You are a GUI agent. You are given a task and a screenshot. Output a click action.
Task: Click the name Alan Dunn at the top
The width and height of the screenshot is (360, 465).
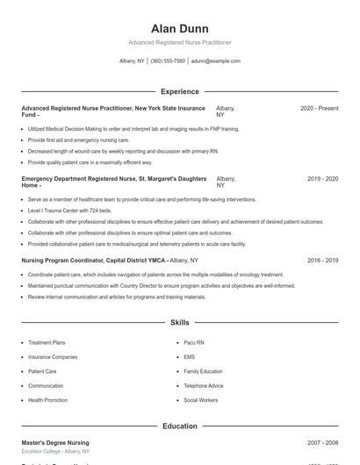tap(179, 29)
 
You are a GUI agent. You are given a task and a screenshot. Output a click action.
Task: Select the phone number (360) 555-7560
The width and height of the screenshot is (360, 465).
tap(168, 61)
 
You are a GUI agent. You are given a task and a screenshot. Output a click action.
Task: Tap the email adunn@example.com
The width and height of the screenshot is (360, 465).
tap(215, 61)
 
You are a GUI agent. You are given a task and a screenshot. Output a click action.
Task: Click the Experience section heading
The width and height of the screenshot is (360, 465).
tap(179, 91)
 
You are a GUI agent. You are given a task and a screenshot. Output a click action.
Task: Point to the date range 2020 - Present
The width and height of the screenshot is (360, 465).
tap(319, 108)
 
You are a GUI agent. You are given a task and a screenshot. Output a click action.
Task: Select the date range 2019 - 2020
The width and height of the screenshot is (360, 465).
tap(322, 178)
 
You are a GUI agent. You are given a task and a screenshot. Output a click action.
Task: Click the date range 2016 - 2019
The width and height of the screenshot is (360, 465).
tap(322, 261)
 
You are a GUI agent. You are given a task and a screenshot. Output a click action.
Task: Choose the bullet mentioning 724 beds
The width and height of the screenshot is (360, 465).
tap(69, 211)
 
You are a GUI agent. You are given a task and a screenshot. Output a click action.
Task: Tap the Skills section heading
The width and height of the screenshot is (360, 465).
tap(179, 323)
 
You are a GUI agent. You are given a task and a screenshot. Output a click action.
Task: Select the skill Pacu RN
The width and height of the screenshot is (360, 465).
tap(194, 342)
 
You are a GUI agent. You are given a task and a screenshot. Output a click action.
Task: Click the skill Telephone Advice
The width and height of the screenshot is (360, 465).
tap(204, 385)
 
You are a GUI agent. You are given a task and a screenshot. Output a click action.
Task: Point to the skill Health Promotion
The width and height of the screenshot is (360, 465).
tap(47, 400)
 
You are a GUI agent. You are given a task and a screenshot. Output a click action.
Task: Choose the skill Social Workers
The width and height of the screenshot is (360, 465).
tap(201, 400)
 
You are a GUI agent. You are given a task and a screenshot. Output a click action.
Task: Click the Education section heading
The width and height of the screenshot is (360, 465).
tap(179, 426)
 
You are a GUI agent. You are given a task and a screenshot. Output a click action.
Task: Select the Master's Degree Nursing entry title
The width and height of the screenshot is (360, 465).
tap(55, 443)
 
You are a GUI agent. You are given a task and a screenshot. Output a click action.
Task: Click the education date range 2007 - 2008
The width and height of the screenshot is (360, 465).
tap(322, 443)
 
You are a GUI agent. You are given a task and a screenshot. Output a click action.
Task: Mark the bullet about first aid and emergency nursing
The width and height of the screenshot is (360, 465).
tap(78, 139)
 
